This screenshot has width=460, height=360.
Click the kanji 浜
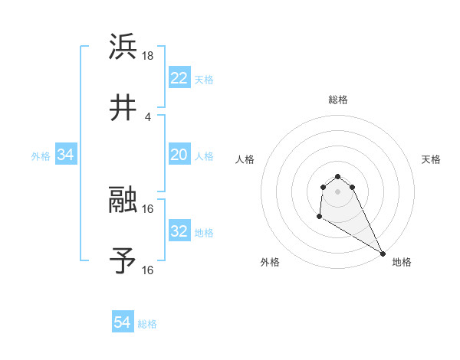(123, 47)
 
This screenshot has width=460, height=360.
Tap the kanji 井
(123, 109)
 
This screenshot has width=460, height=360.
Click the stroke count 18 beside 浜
(149, 56)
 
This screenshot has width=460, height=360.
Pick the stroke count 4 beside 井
(148, 117)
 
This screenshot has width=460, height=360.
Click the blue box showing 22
(179, 78)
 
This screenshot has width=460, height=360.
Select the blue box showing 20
(179, 155)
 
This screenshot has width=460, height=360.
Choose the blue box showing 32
(179, 231)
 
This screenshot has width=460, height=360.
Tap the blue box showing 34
(66, 155)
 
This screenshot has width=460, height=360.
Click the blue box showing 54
(123, 323)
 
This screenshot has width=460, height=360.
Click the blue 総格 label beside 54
(148, 324)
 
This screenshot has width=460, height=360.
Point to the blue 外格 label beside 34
(41, 155)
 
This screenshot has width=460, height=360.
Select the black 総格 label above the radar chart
(338, 100)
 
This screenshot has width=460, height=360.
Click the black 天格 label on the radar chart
(431, 159)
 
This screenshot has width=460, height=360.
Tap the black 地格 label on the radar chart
(402, 262)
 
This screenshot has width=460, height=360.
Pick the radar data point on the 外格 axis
(318, 218)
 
